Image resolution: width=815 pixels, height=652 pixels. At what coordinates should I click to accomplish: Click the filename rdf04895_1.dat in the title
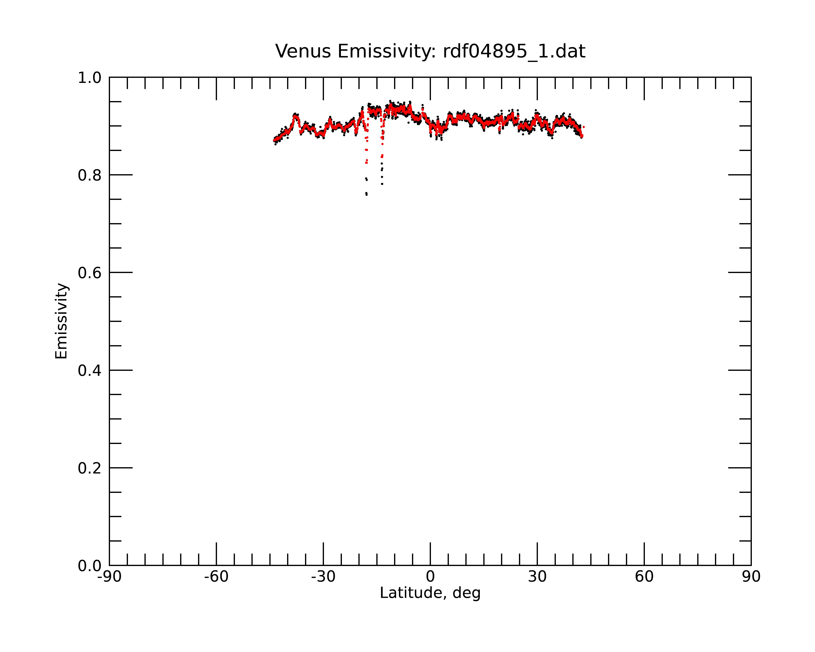coord(514,51)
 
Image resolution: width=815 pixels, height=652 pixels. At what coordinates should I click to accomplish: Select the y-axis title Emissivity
coord(61,321)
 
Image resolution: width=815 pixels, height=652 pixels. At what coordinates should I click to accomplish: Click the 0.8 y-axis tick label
coord(90,175)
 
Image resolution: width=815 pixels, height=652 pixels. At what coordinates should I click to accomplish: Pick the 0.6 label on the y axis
coord(90,273)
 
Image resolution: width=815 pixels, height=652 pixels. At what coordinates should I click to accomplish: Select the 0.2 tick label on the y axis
coord(90,468)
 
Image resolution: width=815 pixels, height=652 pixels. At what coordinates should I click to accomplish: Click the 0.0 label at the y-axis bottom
coord(90,566)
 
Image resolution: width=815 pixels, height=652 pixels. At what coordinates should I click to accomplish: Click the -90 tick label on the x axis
coord(109,577)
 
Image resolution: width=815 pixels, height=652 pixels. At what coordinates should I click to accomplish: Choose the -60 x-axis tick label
coord(216,577)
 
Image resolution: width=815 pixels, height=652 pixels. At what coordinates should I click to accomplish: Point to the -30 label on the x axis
coord(323,577)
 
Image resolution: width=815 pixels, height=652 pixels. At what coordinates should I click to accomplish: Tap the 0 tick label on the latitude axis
coord(430,577)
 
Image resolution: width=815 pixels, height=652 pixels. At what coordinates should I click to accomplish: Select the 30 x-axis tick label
coord(537,577)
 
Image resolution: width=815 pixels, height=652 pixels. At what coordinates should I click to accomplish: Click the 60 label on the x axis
coord(644,577)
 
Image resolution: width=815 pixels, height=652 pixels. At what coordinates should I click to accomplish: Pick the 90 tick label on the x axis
coord(751,577)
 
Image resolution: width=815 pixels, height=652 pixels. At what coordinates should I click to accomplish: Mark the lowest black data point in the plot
coord(366,195)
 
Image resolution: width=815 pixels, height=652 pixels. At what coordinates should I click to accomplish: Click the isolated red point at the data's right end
coord(584,127)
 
